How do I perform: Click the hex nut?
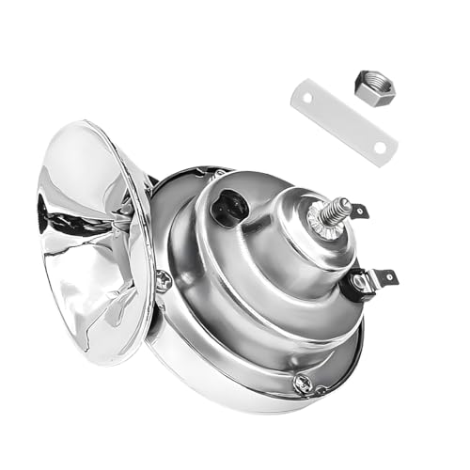tap(374, 86)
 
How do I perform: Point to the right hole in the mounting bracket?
tap(380, 149)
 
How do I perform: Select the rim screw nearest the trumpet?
tap(164, 279)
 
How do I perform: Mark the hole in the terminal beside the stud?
tap(361, 209)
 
